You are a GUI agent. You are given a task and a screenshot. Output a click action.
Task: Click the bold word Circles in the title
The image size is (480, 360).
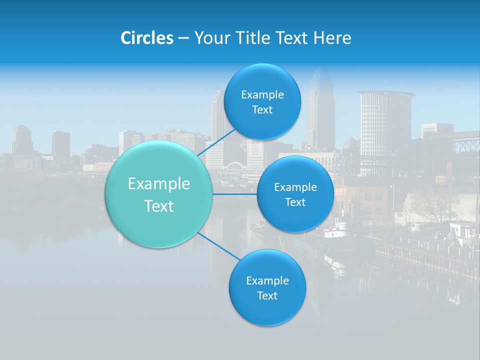coord(146,38)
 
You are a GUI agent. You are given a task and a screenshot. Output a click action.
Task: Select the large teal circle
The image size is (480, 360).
coord(158,194)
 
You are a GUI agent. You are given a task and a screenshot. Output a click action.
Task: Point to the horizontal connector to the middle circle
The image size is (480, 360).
coord(234,194)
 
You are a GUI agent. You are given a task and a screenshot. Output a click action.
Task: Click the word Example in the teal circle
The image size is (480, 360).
coord(158,184)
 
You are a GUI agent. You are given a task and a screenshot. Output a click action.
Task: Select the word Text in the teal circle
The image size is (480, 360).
coord(158,206)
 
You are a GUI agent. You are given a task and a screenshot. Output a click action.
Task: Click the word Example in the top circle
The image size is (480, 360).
coord(262,94)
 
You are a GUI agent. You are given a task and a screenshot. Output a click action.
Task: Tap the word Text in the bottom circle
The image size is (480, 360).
coord(267,295)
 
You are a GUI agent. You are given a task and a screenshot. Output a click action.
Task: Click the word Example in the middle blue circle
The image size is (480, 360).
coord(295,187)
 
